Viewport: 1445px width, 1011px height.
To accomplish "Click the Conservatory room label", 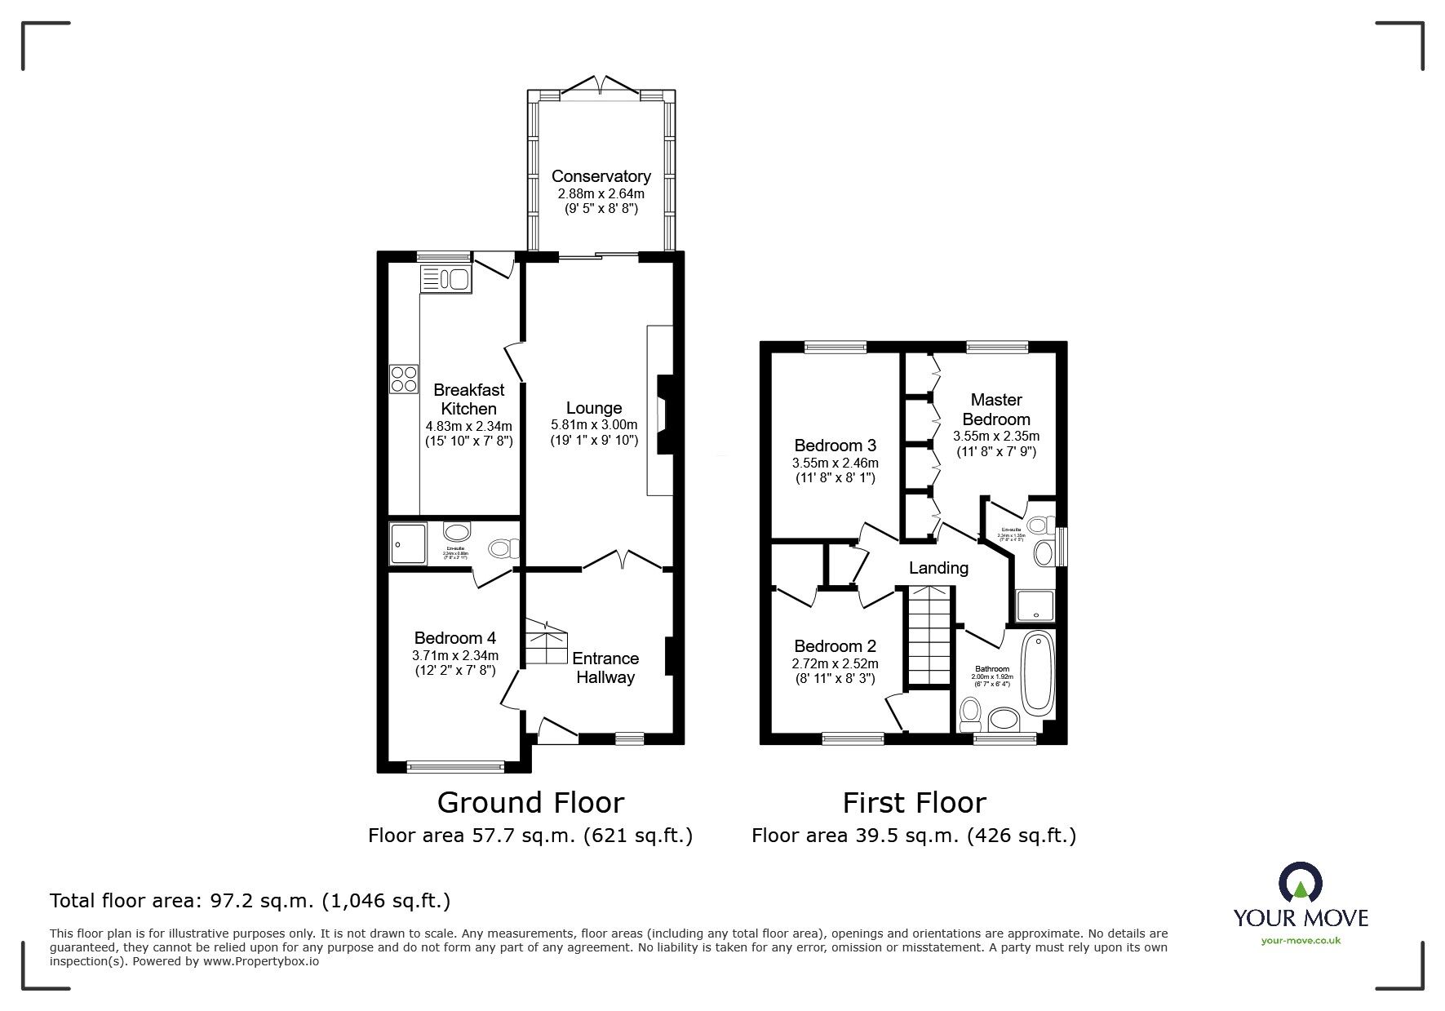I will coord(601,176).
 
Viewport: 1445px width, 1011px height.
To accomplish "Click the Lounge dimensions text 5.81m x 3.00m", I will coord(594,424).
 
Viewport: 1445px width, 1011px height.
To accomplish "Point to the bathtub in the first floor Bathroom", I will coord(1039,671).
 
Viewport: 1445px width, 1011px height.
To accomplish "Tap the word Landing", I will coord(938,568).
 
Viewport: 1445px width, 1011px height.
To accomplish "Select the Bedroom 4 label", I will coord(454,638).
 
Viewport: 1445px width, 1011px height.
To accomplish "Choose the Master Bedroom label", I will coord(996,409).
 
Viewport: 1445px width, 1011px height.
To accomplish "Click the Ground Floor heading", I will coord(530,803).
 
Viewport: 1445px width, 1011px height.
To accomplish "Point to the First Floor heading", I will coord(914,803).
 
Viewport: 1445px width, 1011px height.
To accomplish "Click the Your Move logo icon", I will coord(1301,885).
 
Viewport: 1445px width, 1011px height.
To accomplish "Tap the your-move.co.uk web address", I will coord(1301,941).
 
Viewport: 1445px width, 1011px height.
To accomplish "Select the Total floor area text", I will coord(250,901).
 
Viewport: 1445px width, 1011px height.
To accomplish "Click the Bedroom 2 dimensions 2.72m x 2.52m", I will coord(835,664).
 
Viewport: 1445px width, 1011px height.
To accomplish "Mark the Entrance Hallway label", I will coord(605,667).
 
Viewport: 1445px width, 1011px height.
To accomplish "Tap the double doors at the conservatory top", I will coord(601,83).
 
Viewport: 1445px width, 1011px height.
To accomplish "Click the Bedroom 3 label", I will coord(835,446).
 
